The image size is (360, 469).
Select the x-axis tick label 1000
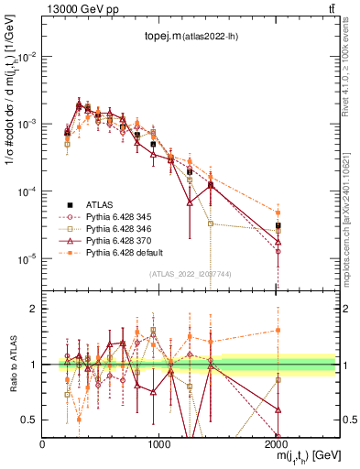159,443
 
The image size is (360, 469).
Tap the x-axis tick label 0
42,443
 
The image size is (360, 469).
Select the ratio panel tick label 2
34,309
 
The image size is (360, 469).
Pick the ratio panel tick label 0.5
29,420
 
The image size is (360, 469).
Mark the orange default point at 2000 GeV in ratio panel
278,331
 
